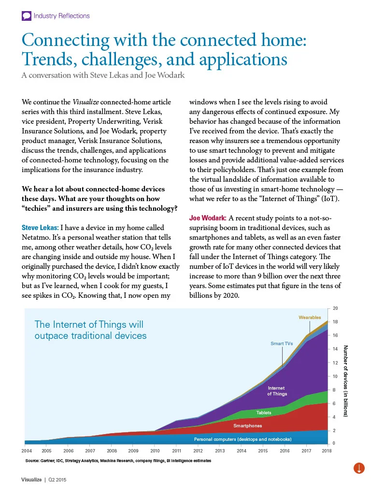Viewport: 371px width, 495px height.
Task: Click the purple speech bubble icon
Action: (x=27, y=16)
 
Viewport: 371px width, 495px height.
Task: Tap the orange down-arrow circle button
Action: (x=359, y=468)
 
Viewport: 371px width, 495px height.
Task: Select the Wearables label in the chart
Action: (x=310, y=317)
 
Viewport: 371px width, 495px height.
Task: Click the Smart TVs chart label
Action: (x=282, y=344)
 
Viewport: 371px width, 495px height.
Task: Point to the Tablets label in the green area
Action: (x=264, y=413)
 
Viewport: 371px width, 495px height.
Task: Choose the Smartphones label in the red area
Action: (x=247, y=426)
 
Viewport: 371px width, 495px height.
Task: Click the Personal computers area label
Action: (x=243, y=439)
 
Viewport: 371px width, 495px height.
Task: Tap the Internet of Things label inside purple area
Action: (x=277, y=391)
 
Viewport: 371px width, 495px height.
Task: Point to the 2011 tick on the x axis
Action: (x=177, y=451)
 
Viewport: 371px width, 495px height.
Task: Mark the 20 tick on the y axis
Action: (x=335, y=308)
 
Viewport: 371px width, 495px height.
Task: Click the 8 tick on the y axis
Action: (x=334, y=390)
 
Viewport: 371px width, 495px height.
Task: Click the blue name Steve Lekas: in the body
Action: (x=40, y=228)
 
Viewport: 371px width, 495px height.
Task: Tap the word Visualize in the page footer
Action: (x=31, y=480)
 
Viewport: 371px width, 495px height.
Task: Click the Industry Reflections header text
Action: (x=61, y=16)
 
